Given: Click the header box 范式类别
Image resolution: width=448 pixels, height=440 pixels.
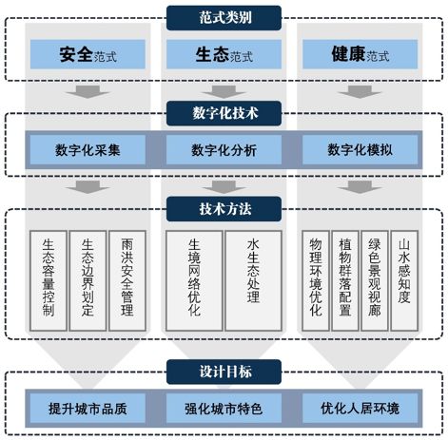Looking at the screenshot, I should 224,16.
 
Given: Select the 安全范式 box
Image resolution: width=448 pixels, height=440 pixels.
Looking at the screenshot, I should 88,54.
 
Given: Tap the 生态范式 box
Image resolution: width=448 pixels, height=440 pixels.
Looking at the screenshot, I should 224,54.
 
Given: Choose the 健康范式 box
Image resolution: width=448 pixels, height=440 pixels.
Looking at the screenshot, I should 360,54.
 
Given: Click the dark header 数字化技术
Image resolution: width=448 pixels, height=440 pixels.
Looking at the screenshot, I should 224,114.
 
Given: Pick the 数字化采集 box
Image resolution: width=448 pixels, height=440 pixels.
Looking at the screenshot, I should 88,149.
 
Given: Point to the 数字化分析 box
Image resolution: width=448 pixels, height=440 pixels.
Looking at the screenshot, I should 224,149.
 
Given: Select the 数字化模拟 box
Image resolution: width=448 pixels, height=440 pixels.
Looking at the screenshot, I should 360,149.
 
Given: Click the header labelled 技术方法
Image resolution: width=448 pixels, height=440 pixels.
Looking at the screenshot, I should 224,206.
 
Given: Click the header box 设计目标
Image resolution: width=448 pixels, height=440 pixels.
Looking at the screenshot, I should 224,371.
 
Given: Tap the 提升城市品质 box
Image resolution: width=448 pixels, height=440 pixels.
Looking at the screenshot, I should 88,410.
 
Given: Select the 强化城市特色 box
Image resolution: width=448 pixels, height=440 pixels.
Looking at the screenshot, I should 224,410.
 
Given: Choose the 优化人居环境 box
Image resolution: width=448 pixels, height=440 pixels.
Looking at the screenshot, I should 360,410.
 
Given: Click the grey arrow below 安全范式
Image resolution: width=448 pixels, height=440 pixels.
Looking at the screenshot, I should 88,92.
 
